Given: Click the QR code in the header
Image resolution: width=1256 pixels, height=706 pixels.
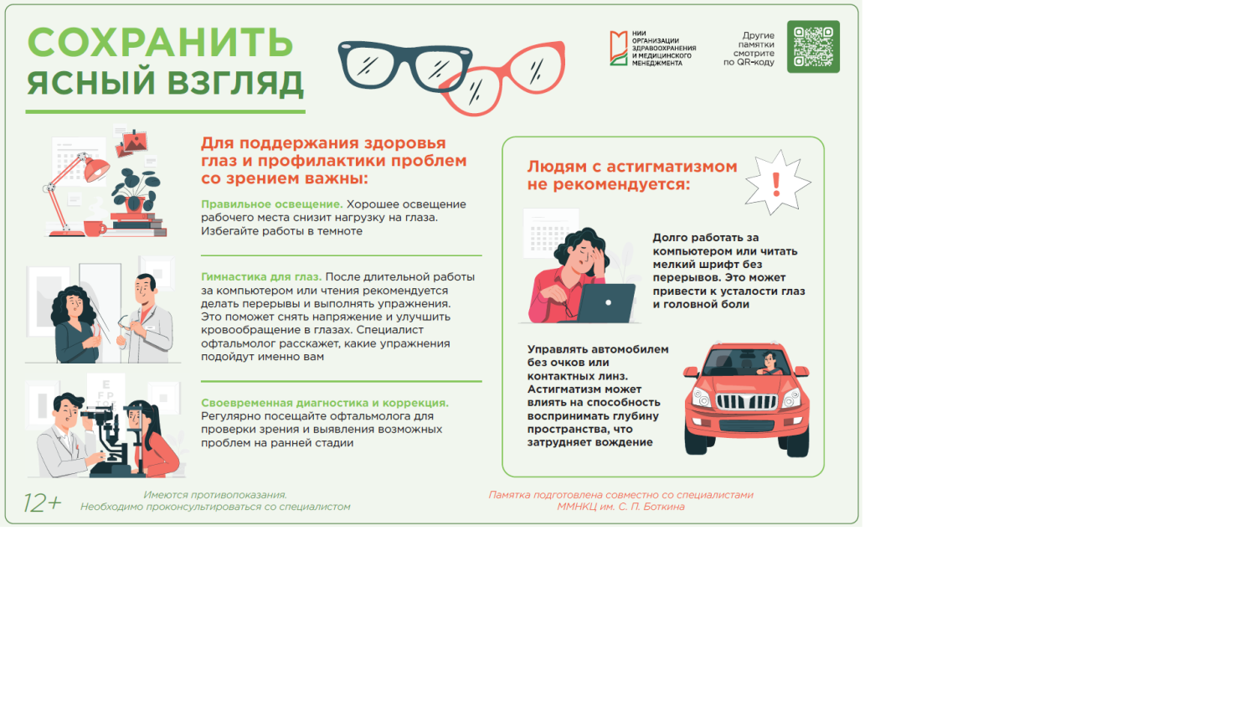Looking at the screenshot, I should point(813,47).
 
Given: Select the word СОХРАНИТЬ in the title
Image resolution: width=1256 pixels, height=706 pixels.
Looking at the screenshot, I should point(160,43).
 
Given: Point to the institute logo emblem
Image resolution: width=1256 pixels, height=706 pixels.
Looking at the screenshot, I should point(618,49).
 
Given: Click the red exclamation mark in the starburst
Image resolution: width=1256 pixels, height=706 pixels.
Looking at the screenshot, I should point(776,183).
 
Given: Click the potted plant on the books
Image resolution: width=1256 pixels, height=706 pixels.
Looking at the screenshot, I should point(134,190).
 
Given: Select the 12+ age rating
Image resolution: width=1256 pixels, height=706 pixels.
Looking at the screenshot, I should point(42,502).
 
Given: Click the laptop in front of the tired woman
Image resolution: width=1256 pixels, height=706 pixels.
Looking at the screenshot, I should point(606,304).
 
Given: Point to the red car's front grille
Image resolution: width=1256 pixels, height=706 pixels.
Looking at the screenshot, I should point(746,402).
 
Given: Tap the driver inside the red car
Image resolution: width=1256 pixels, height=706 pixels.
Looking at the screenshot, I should point(769,364).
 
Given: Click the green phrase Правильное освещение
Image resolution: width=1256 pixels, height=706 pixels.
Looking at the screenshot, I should point(271,204).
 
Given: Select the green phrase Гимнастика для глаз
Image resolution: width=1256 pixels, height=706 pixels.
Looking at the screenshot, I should point(260,277).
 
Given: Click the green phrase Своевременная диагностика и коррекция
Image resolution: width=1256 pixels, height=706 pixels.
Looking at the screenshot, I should point(324,403).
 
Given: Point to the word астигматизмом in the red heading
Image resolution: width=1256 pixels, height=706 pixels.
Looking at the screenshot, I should point(672,167).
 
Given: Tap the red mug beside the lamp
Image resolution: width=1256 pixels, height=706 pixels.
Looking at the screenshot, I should point(93,228).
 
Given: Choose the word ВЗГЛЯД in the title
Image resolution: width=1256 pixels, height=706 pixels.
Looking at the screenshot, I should point(234,83).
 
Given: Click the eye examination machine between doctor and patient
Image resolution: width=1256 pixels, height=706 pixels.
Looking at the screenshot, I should point(110,431).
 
